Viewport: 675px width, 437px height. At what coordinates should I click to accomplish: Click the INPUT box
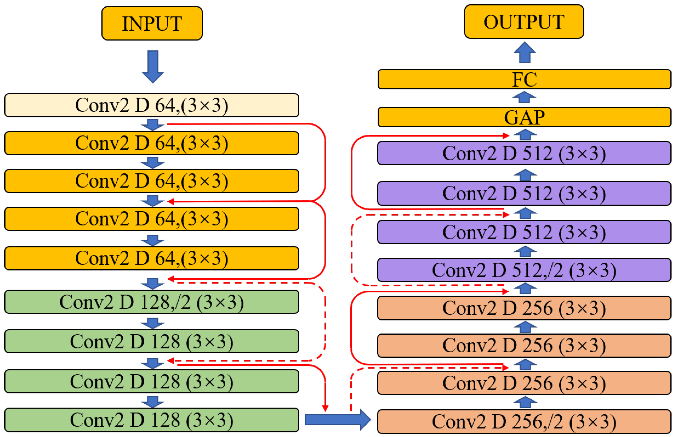pyautogui.click(x=152, y=23)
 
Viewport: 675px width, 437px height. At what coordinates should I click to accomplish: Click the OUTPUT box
pyautogui.click(x=524, y=22)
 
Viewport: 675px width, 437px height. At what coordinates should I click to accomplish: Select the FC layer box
pyautogui.click(x=524, y=79)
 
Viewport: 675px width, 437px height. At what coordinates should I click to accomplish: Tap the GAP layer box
pyautogui.click(x=524, y=117)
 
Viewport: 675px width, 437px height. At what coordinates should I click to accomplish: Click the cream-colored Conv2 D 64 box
pyautogui.click(x=152, y=105)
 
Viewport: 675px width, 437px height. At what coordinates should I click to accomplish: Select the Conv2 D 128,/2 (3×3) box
pyautogui.click(x=152, y=302)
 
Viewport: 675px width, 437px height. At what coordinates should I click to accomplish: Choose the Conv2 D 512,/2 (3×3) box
pyautogui.click(x=524, y=270)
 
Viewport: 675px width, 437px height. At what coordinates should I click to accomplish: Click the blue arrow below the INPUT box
pyautogui.click(x=153, y=67)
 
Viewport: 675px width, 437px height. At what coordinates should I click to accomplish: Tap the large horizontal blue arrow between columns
pyautogui.click(x=337, y=419)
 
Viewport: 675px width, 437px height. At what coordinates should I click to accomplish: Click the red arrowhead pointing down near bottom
pyautogui.click(x=325, y=408)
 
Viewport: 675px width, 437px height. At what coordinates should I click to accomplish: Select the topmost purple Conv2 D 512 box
pyautogui.click(x=524, y=153)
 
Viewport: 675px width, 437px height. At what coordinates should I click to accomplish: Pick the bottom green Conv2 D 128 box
pyautogui.click(x=152, y=420)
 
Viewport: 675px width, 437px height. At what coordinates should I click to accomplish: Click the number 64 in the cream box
pyautogui.click(x=165, y=105)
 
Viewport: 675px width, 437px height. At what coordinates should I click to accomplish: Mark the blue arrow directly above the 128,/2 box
pyautogui.click(x=153, y=284)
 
